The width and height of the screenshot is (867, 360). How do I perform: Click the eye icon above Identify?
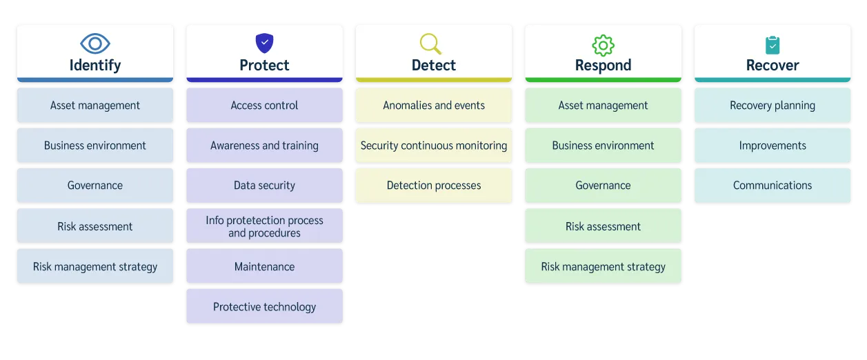[95, 43]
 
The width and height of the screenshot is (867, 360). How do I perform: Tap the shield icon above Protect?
[264, 43]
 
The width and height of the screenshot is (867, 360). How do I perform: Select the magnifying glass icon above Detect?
[430, 43]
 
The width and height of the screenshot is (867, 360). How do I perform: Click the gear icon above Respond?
[603, 45]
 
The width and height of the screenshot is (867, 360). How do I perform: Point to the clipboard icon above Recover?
[773, 45]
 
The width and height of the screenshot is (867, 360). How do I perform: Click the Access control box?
[264, 106]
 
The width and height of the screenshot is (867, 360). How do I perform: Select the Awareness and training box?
[264, 146]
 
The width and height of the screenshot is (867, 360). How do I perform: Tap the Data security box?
[264, 186]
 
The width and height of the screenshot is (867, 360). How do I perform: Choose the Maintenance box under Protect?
[264, 267]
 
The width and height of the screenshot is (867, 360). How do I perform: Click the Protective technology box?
[264, 307]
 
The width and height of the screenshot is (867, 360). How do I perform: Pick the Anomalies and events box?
[434, 106]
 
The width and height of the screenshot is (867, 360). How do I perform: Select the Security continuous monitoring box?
[434, 146]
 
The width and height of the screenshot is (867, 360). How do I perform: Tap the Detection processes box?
[434, 186]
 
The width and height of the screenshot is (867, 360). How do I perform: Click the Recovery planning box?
[773, 106]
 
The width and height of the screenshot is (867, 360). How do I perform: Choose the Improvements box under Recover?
[773, 146]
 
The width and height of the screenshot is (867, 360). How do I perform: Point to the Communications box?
[773, 186]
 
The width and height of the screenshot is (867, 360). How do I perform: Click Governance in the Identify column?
[95, 186]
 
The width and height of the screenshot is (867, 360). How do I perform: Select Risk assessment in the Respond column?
[603, 226]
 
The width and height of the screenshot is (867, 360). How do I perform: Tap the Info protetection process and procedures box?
[264, 226]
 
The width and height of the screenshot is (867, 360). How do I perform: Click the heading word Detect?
[434, 66]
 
